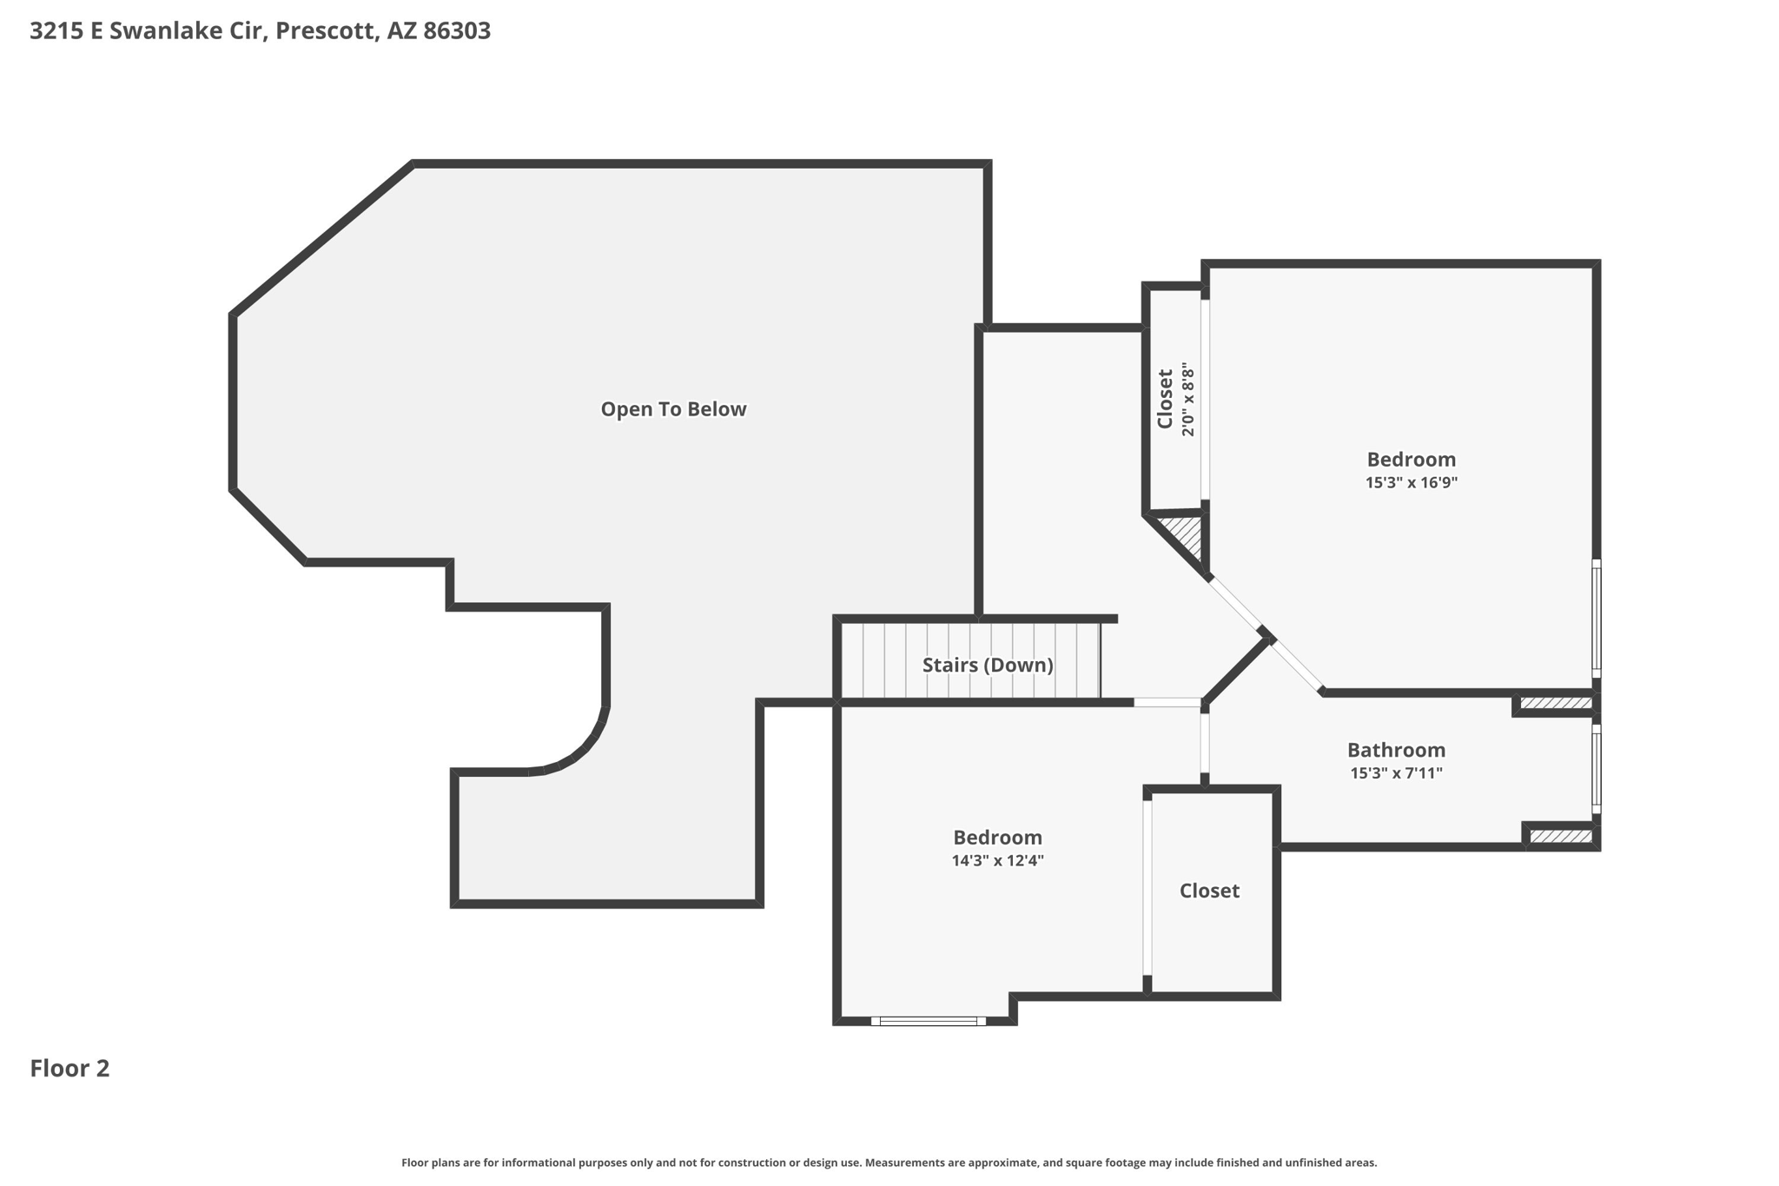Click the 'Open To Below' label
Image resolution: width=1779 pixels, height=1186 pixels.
[x=673, y=409]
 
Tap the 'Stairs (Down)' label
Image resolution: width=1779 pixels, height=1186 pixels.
[x=988, y=666]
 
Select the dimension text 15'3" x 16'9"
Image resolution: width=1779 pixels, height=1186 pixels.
[x=1411, y=483]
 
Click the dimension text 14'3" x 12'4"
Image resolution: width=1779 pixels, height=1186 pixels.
[x=997, y=861]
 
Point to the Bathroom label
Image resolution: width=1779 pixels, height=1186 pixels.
[x=1396, y=750]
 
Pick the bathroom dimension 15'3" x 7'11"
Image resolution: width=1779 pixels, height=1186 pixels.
[x=1396, y=773]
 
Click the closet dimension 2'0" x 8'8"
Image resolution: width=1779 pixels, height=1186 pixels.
[x=1188, y=401]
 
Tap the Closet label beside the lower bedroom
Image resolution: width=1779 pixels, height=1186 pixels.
[x=1209, y=891]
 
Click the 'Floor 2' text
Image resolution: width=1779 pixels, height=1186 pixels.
[x=69, y=1069]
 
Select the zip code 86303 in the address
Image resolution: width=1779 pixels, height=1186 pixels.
[x=457, y=31]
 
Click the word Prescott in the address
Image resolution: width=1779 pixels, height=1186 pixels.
[x=327, y=31]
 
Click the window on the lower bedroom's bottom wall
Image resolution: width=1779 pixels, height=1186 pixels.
[x=928, y=1021]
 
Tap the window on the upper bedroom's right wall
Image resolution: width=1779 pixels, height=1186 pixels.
[x=1596, y=619]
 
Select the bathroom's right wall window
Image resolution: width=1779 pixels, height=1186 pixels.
[x=1596, y=769]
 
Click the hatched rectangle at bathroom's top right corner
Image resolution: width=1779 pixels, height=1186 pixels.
[x=1555, y=703]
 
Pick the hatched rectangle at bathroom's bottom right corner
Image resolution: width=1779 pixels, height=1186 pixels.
[x=1560, y=837]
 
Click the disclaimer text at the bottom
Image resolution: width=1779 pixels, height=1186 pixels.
[x=889, y=1163]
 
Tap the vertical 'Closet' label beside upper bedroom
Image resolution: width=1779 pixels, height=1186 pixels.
[x=1166, y=399]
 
